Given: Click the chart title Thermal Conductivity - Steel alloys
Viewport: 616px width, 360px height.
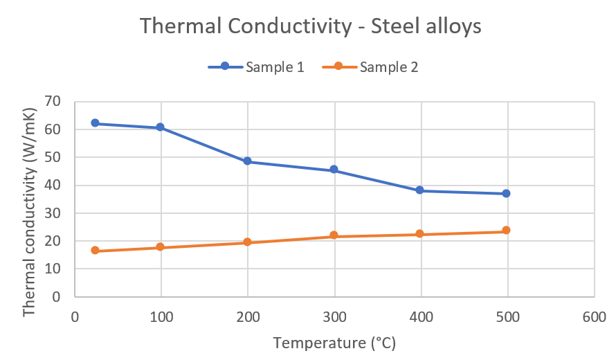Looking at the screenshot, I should pyautogui.click(x=311, y=26).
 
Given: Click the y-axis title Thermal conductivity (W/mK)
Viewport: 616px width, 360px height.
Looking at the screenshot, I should pyautogui.click(x=28, y=212).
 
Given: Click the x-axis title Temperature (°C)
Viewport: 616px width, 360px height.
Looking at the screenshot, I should pyautogui.click(x=334, y=343).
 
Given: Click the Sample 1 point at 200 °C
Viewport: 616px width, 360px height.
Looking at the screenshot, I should pyautogui.click(x=247, y=161).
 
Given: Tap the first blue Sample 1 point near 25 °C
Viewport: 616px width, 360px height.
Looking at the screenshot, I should pyautogui.click(x=95, y=123).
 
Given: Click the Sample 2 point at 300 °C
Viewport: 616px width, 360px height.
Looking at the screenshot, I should pyautogui.click(x=334, y=236).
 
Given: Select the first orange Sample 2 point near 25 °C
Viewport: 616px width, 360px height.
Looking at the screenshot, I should pyautogui.click(x=95, y=251).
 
